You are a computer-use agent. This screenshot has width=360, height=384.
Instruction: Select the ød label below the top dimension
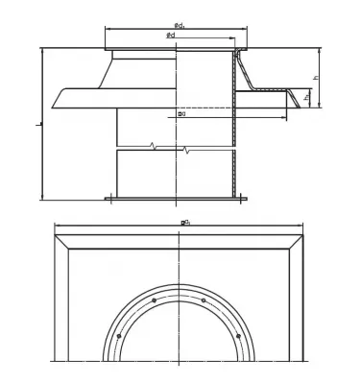click(170, 36)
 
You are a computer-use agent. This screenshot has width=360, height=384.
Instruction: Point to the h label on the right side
click(315, 80)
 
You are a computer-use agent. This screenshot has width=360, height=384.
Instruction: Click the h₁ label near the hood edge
click(306, 97)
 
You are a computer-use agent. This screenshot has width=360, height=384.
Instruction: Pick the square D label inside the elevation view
click(181, 114)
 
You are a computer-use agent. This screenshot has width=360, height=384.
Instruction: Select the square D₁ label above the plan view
click(184, 223)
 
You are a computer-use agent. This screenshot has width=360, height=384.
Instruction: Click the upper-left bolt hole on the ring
click(154, 301)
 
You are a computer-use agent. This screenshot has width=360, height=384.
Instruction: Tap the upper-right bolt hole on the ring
click(204, 300)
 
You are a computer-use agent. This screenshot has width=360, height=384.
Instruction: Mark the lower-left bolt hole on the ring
click(118, 337)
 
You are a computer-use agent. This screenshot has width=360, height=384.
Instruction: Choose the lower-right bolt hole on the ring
click(239, 336)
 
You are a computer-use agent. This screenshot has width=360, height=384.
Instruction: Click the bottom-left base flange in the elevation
click(110, 199)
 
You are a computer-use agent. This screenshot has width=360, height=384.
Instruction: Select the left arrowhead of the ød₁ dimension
click(105, 28)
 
